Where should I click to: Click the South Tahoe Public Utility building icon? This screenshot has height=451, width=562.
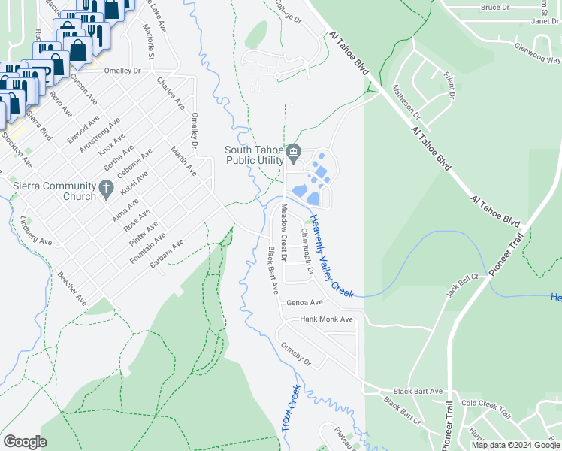point(294,153)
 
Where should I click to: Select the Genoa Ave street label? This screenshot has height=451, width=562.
point(304,302)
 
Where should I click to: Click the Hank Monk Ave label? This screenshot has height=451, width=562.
point(326,319)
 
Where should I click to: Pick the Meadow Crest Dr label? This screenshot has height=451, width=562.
point(285,231)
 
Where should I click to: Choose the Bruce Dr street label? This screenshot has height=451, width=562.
point(494,7)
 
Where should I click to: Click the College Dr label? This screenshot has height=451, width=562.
point(287,9)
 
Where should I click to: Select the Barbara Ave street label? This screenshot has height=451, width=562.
point(167,253)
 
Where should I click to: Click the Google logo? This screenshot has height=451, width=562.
point(25,442)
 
